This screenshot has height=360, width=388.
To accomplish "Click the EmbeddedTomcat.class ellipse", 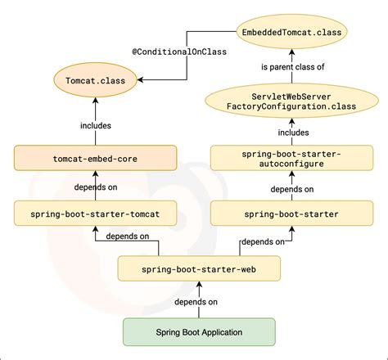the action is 291,32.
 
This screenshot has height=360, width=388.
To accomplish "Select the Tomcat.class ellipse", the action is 95,80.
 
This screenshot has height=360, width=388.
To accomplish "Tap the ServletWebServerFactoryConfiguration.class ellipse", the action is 291,101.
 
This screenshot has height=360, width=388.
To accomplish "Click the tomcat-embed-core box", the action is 95,158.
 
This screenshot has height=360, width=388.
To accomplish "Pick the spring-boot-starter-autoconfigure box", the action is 291,158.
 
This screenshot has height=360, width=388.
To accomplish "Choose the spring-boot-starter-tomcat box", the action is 95,214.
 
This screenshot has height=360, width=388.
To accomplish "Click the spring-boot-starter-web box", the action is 199,269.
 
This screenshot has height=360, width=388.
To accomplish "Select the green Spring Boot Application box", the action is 199,332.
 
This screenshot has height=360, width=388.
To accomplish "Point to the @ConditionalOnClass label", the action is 179,52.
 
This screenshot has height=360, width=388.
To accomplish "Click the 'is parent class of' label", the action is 293,67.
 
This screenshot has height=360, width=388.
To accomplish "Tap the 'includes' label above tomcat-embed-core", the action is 96,125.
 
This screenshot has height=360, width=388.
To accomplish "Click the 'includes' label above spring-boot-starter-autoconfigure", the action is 293,133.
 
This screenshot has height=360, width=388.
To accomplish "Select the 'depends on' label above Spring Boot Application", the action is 196,302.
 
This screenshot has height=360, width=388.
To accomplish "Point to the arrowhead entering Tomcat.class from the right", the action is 140,80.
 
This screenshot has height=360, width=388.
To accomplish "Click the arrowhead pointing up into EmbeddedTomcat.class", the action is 291,52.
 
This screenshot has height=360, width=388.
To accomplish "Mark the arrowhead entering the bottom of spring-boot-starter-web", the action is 199,285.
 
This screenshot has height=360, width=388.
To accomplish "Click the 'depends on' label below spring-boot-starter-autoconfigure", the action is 292,189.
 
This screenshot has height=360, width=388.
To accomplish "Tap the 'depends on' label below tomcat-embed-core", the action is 96,187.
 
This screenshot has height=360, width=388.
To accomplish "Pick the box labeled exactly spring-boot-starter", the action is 291,214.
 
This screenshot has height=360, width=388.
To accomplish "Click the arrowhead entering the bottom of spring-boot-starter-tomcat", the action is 95,229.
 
